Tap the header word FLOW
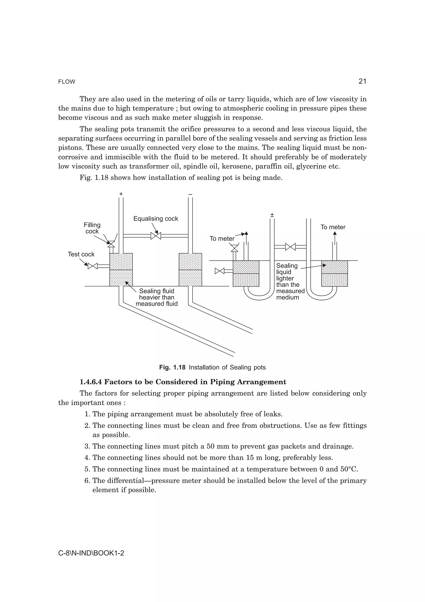(x=67, y=82)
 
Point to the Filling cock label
(x=92, y=228)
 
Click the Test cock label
(x=81, y=254)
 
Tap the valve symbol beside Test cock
(x=92, y=266)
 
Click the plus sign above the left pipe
(x=121, y=194)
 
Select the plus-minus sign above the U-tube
(x=272, y=215)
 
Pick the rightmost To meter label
(x=333, y=227)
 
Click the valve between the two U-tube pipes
(x=290, y=247)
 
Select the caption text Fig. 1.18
(x=172, y=367)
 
